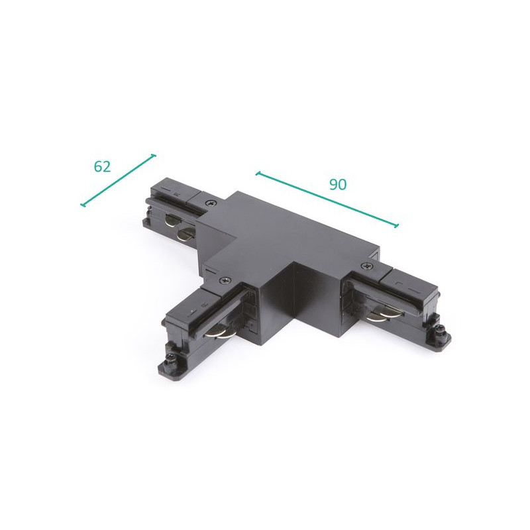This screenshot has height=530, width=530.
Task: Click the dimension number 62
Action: [102, 166]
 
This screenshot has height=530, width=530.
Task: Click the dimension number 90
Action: [338, 184]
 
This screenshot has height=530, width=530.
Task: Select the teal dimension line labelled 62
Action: [119, 180]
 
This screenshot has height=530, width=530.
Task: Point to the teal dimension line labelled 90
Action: [327, 200]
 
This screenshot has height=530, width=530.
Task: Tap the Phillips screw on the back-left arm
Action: [211, 202]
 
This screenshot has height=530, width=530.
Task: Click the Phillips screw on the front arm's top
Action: [223, 280]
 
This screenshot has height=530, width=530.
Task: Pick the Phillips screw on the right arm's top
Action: [367, 266]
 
